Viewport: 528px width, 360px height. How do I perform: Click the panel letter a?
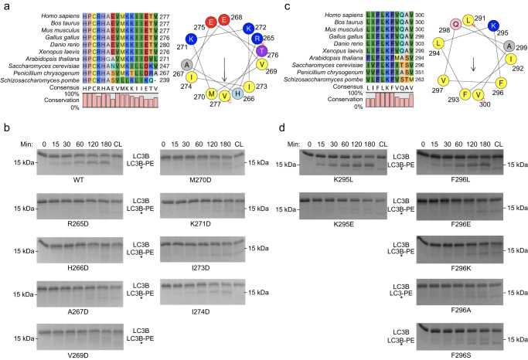5,6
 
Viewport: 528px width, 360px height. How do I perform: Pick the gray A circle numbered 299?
489,48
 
